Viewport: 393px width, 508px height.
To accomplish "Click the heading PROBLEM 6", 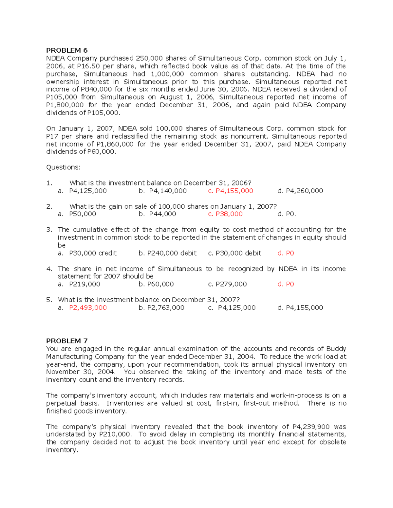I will [67, 50].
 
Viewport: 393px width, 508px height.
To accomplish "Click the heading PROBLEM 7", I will [67, 341].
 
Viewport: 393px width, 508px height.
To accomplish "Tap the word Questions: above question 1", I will [63, 167].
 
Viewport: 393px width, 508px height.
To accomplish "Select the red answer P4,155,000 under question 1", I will [234, 191].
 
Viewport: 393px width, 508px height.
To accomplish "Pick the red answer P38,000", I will [229, 214].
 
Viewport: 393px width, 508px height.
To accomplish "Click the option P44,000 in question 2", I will [162, 214].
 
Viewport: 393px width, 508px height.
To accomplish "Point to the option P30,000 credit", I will [93, 253].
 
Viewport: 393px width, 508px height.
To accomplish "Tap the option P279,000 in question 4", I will [231, 284].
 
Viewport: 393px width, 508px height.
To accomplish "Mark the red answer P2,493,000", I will [88, 308].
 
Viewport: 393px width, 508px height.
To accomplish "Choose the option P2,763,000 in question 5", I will [166, 308].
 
